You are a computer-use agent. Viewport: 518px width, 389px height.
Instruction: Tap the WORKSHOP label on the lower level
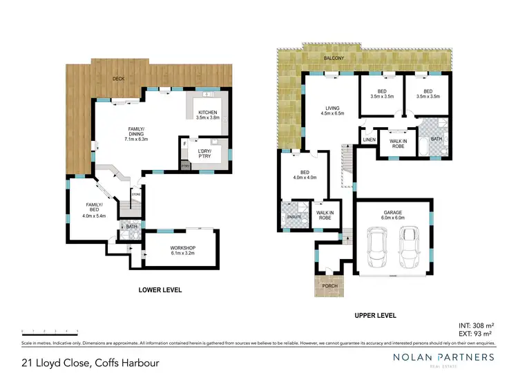click(x=183, y=251)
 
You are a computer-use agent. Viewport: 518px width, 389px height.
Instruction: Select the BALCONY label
click(x=334, y=59)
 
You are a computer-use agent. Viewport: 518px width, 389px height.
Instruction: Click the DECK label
click(x=118, y=79)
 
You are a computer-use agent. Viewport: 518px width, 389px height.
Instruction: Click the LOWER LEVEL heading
click(x=159, y=290)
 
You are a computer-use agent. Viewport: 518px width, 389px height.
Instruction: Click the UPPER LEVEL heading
click(x=375, y=315)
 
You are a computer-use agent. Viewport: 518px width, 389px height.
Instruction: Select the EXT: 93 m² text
click(x=477, y=334)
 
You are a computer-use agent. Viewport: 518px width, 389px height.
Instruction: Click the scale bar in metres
click(x=50, y=332)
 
